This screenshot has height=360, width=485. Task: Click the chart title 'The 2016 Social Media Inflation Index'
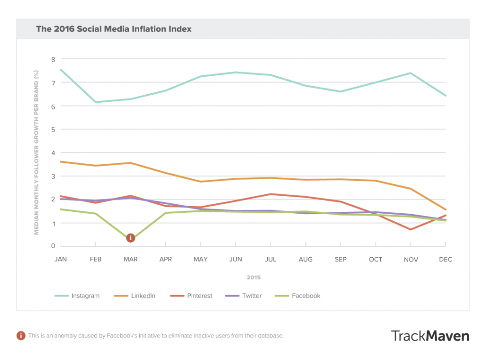[x=114, y=29]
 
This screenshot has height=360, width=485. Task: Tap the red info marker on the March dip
[x=131, y=238]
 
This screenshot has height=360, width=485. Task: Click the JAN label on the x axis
[x=61, y=259]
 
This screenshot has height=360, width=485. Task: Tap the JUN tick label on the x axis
[x=235, y=259]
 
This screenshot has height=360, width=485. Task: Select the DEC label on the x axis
[x=445, y=259]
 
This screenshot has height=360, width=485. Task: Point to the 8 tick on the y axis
[x=53, y=59]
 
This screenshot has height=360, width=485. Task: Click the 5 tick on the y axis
[x=53, y=129]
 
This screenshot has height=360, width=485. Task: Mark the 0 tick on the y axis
[x=53, y=246]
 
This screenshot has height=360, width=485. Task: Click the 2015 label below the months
[x=253, y=277]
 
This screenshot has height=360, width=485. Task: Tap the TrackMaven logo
[x=430, y=336]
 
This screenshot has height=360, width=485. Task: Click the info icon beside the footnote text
[x=21, y=336]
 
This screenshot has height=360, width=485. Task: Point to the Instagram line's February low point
[x=96, y=102]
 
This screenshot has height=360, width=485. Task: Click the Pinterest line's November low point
[x=410, y=229]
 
